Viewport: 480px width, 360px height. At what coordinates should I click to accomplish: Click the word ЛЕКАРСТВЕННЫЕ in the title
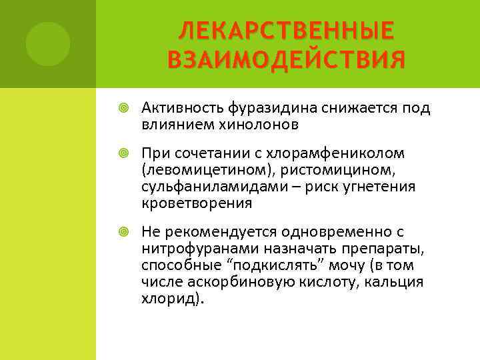[287, 30]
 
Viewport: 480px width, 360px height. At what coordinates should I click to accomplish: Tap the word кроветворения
[197, 203]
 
